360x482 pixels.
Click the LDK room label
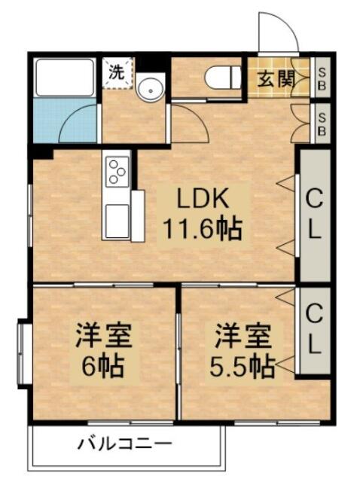[x=203, y=199]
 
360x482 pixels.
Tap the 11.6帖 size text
[x=203, y=229]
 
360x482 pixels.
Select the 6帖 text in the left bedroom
[x=103, y=366]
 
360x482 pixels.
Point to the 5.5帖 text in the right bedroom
[x=242, y=366]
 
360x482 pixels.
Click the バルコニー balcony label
[x=124, y=444]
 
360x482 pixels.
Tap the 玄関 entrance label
[x=276, y=78]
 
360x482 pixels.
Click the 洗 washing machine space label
[x=117, y=72]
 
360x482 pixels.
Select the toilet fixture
[x=224, y=78]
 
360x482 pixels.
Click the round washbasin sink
[x=151, y=87]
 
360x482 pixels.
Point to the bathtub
[x=65, y=78]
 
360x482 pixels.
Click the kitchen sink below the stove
[x=117, y=221]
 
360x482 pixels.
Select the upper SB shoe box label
[x=322, y=78]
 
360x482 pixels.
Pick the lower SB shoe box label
[x=322, y=124]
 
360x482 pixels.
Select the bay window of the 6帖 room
[x=23, y=354]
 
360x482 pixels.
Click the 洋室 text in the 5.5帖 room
[x=243, y=336]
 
